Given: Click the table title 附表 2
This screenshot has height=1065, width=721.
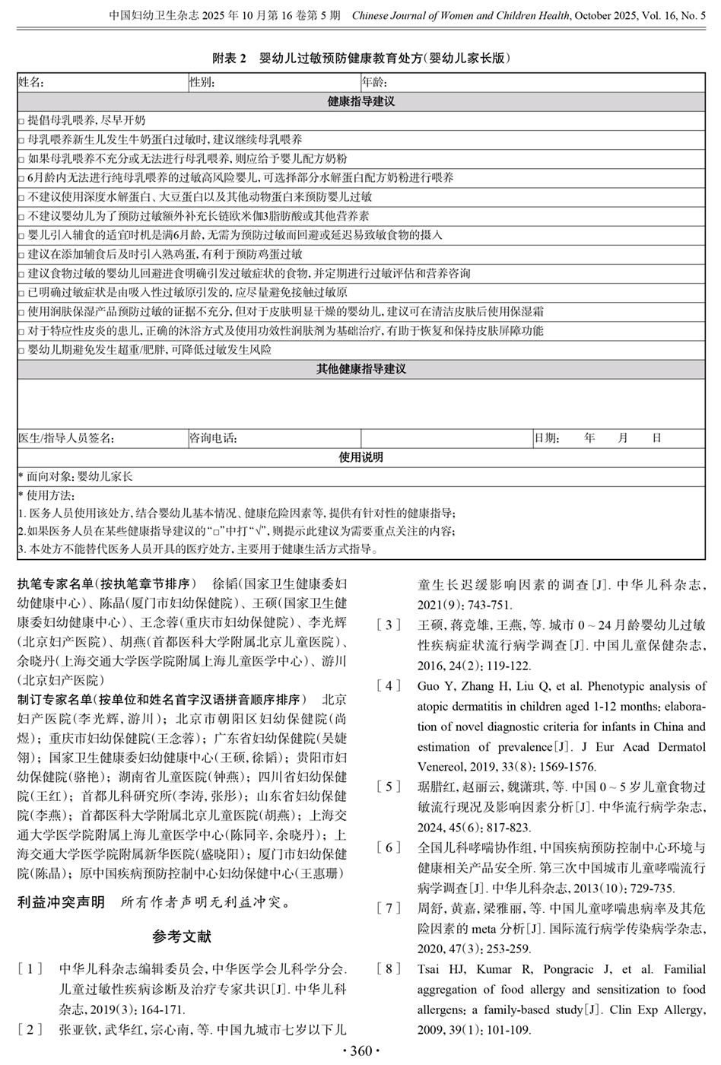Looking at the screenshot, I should [x=230, y=59].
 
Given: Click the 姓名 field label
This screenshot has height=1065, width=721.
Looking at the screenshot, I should [x=31, y=82].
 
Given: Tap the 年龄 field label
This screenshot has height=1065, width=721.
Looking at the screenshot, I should [x=374, y=82].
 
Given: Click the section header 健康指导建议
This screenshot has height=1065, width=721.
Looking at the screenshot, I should [x=360, y=101].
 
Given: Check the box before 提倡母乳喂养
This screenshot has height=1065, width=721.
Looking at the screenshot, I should [x=21, y=121].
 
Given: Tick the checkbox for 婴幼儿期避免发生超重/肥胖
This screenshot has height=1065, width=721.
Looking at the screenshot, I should [x=21, y=351].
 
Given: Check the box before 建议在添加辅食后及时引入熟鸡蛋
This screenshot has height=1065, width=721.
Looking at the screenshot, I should [x=21, y=255].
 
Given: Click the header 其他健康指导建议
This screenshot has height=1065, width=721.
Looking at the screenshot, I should [x=360, y=369].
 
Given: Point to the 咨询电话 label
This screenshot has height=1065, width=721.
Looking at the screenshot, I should [x=213, y=438].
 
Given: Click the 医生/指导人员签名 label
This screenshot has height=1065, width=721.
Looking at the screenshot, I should [x=66, y=438].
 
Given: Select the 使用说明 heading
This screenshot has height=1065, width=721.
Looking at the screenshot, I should [x=360, y=457].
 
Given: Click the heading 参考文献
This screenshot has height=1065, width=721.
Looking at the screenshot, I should [x=182, y=936].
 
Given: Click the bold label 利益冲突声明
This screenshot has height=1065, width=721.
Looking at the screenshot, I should [x=62, y=903].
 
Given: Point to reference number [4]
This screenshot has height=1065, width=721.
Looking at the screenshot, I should [x=389, y=685].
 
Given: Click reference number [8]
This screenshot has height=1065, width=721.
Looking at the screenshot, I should [x=389, y=969].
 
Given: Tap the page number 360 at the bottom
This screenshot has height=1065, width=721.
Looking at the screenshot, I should [x=360, y=1051].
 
